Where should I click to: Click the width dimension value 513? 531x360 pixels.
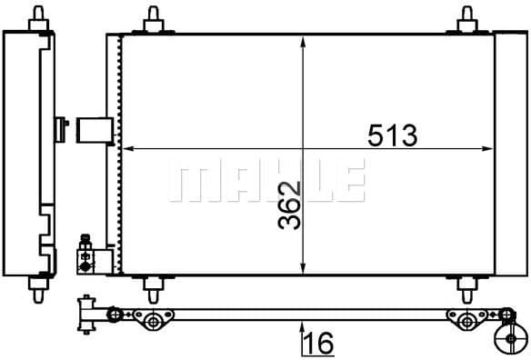(392, 135)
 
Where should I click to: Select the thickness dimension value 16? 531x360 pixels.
(318, 343)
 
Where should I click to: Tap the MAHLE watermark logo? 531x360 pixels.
(265, 180)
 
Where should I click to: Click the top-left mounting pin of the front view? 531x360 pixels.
(152, 19)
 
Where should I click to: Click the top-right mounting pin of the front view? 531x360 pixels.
(467, 19)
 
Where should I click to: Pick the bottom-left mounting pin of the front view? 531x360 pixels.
(152, 289)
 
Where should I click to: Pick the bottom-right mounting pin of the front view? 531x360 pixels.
(467, 289)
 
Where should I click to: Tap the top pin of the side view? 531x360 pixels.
(39, 17)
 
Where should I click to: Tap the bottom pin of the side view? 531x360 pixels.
(39, 290)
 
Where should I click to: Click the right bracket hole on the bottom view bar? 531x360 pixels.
(466, 320)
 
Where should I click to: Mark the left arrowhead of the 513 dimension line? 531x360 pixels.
(128, 147)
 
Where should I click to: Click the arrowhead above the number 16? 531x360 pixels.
(303, 326)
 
